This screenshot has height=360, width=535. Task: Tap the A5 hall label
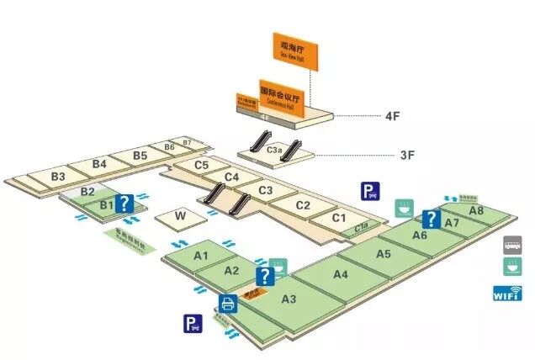384,253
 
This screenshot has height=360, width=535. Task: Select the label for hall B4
99,162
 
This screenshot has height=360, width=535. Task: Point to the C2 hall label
303,205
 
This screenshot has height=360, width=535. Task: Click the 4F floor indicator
391,117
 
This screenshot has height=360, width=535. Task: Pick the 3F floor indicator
407,155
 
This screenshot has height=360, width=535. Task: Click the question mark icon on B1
124,203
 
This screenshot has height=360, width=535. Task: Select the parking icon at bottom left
193,321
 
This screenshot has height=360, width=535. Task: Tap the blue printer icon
226,304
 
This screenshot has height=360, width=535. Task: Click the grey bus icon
511,245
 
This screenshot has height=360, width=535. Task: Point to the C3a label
274,150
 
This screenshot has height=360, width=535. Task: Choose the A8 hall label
476,210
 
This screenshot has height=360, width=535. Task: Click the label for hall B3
58,177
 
